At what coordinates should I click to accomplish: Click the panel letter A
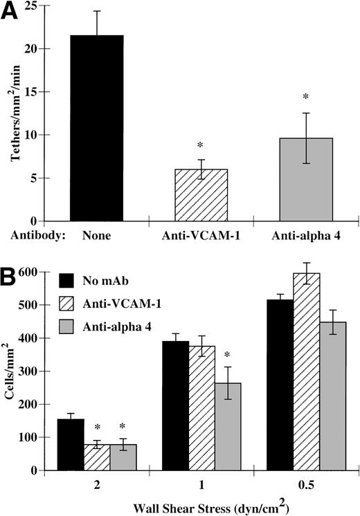12,14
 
